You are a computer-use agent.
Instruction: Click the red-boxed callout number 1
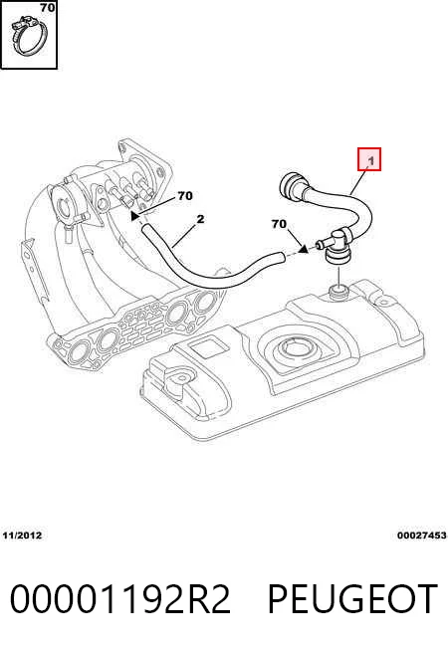[x=370, y=160]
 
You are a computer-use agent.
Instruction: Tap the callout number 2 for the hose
[x=200, y=219]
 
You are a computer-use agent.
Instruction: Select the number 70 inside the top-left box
[x=48, y=7]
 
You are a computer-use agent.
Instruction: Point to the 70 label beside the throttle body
[x=185, y=195]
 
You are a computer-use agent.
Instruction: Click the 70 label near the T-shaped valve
[x=279, y=224]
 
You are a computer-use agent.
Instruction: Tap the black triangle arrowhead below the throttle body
[x=134, y=215]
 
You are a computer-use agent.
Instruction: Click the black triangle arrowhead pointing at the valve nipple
[x=304, y=248]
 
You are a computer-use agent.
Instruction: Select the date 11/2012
[x=23, y=536]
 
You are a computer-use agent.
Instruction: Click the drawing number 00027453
[x=421, y=536]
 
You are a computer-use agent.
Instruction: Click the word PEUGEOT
[x=352, y=598]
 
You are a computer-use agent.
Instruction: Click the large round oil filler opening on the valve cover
[x=297, y=347]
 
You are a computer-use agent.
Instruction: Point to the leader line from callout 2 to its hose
[x=185, y=235]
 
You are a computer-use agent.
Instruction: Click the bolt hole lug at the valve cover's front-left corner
[x=179, y=378]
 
